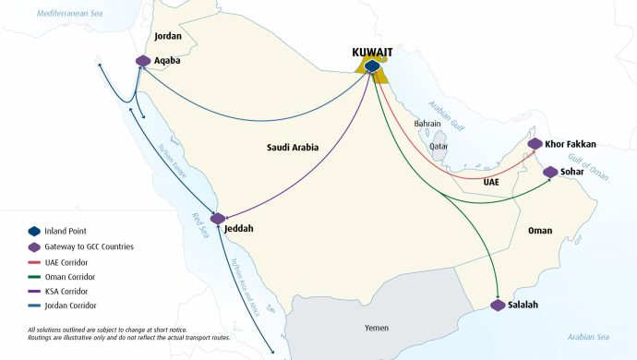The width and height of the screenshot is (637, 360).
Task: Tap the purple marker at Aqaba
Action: click(x=143, y=61)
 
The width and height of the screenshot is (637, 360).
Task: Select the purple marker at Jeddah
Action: click(x=218, y=219)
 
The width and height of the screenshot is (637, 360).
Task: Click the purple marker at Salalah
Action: click(x=499, y=305)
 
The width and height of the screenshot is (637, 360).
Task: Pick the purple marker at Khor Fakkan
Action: click(x=535, y=144)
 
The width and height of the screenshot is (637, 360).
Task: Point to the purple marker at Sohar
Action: click(x=550, y=172)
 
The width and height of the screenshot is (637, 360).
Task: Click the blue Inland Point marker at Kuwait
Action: click(x=371, y=66)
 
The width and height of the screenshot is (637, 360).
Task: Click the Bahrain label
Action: click(x=427, y=123)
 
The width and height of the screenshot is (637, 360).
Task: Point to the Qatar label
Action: click(x=439, y=146)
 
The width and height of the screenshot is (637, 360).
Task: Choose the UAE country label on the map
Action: click(x=491, y=183)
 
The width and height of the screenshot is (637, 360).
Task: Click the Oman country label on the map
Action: click(x=540, y=231)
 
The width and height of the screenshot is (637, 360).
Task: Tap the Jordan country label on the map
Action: click(x=168, y=37)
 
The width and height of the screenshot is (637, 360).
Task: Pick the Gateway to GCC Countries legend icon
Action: click(x=35, y=246)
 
